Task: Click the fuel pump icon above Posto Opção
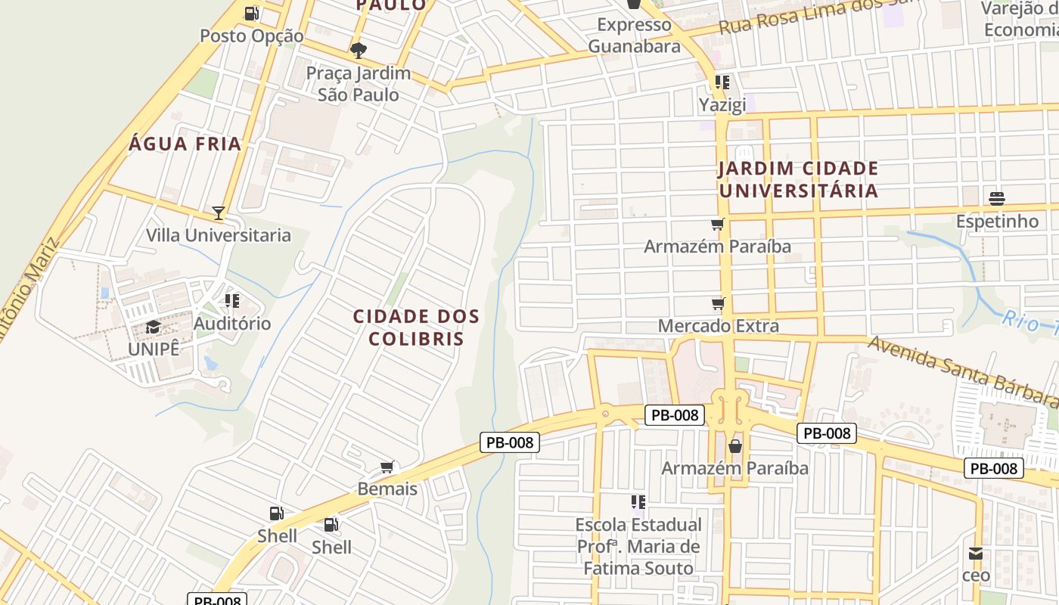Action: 252,13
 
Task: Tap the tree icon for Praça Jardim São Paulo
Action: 359,51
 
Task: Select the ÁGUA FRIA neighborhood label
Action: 185,144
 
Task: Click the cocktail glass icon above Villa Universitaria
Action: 219,213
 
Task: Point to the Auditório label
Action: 232,324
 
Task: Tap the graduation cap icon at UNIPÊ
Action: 154,327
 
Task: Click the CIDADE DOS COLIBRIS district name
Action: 416,327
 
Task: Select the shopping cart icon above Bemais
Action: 387,467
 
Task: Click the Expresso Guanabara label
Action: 634,36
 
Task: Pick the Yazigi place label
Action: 722,104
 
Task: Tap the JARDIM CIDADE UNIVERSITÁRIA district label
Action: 799,179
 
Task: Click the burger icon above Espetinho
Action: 997,199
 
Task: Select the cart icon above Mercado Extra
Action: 718,304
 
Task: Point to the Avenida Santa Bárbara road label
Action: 961,370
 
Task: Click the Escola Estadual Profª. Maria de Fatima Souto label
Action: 638,546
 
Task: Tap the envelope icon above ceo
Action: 976,554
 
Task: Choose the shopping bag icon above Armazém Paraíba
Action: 734,446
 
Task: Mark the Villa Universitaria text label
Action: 219,235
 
